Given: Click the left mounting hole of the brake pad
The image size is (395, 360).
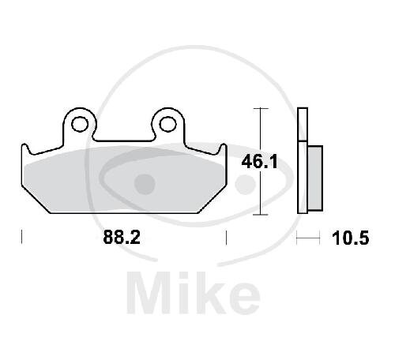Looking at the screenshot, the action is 80,124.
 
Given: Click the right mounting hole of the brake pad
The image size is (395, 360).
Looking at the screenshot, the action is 167,124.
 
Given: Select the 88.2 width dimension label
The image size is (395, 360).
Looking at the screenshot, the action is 122,237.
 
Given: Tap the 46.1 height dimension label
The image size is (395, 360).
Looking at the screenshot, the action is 259,162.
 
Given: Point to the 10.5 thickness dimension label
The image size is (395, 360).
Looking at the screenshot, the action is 351,238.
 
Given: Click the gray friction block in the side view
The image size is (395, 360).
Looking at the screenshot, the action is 315,178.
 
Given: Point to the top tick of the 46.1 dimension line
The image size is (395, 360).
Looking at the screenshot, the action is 261,108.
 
